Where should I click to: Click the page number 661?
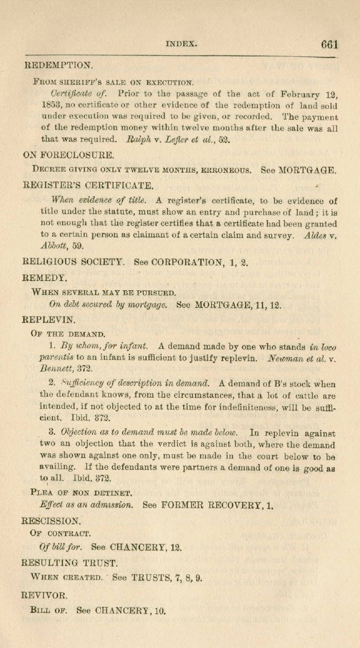click(x=329, y=45)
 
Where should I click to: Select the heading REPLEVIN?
click(x=48, y=320)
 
